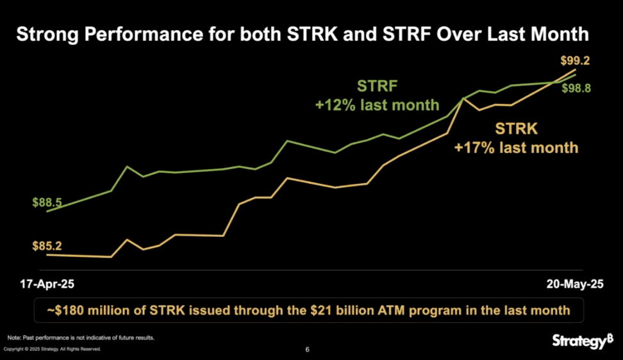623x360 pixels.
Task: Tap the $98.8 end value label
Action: click(576, 89)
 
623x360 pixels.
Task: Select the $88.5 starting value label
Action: click(47, 202)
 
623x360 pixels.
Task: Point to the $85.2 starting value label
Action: click(47, 245)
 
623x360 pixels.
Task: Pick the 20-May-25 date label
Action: click(574, 283)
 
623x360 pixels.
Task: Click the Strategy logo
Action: click(583, 341)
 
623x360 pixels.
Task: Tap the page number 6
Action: click(308, 350)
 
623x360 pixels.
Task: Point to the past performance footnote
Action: click(81, 338)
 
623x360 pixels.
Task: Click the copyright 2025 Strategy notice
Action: click(53, 349)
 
